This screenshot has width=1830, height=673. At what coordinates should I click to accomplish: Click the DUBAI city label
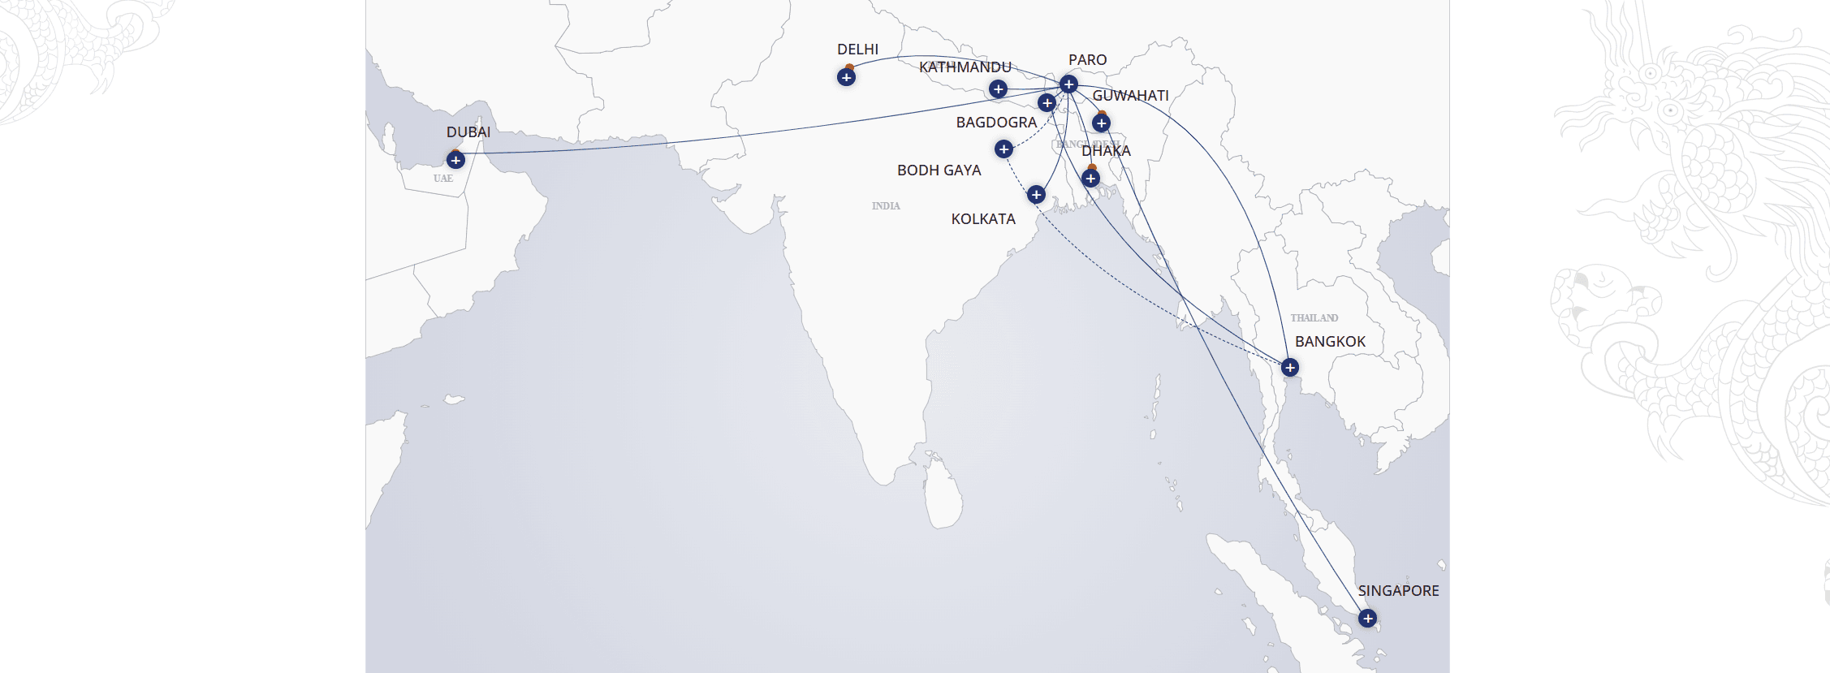tap(468, 132)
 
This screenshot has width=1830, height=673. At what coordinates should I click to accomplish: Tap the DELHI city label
tap(857, 50)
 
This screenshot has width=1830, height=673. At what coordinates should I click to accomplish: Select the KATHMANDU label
tap(965, 67)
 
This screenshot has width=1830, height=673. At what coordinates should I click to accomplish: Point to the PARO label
tap(1087, 60)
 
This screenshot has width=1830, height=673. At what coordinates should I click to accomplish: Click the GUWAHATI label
tap(1130, 96)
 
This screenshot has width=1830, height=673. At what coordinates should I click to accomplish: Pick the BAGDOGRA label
tap(996, 123)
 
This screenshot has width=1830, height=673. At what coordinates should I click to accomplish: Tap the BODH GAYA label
tap(939, 170)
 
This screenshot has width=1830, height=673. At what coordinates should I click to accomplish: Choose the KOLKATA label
tap(983, 219)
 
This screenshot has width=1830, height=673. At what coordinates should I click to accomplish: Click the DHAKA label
tap(1106, 151)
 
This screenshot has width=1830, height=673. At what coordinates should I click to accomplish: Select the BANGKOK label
tap(1330, 342)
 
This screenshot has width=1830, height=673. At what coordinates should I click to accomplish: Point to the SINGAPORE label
tap(1398, 591)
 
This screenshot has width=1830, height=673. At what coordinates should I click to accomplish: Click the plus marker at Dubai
tap(455, 160)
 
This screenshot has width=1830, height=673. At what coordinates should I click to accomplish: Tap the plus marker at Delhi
tap(846, 78)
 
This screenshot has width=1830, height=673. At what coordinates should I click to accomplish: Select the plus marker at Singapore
tap(1367, 619)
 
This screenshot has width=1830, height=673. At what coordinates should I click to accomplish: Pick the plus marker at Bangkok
tap(1289, 368)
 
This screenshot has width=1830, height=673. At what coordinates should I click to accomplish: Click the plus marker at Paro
tap(1068, 84)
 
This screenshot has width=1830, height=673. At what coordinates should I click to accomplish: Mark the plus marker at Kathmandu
tap(998, 89)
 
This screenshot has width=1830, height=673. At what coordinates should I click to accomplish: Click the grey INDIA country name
tap(886, 206)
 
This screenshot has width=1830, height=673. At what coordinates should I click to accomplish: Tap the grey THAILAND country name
tap(1314, 318)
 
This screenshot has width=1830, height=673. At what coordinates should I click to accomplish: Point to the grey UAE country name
tap(443, 179)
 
